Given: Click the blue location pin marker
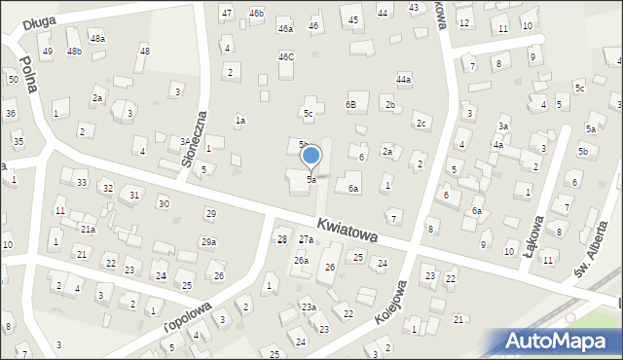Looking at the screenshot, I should (x=311, y=157).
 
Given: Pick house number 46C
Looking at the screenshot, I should (x=285, y=57).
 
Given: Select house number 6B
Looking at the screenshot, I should (x=350, y=104).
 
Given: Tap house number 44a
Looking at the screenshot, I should (x=403, y=79).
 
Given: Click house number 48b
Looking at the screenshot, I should (x=74, y=51).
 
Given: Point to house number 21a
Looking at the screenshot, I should (x=88, y=230).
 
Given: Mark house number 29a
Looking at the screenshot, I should (x=208, y=241).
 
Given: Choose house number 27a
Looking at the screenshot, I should (x=306, y=239).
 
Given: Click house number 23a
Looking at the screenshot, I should (x=309, y=307).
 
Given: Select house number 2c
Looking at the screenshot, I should (x=421, y=124).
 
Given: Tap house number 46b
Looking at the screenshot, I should (x=256, y=13).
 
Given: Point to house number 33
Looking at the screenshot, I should (x=82, y=183).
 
